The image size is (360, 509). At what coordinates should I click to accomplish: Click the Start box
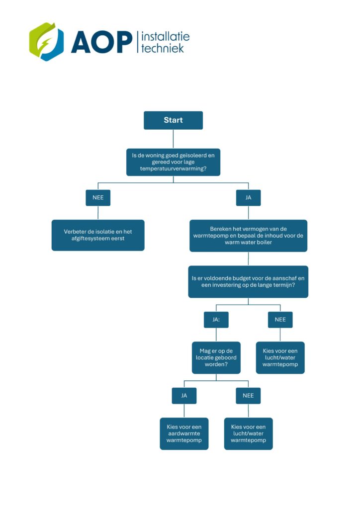coord(173,120)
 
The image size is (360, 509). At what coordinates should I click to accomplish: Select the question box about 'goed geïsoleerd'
coord(173,162)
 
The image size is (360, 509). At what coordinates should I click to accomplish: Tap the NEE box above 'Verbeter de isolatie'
coord(98,198)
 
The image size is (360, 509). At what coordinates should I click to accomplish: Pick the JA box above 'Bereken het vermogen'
coord(248,198)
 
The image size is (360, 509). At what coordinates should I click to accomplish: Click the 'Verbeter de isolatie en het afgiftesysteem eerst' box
coord(98,235)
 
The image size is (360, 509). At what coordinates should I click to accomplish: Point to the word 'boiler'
coord(264,242)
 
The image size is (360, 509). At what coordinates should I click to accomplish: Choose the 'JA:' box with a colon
coord(216,320)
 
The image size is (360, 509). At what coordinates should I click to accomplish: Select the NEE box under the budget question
coord(280,320)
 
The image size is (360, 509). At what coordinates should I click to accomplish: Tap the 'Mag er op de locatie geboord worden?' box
coord(216,358)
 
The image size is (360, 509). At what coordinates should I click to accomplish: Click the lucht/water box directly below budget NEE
coord(280,358)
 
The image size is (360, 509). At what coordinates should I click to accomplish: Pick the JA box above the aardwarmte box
coord(184,396)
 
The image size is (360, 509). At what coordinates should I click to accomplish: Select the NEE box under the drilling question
coord(248,396)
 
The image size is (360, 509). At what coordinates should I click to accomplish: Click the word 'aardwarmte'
coord(184,433)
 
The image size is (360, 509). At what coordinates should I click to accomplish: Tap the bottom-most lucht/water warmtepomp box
coord(248,433)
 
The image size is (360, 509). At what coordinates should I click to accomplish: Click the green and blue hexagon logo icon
coord(46,42)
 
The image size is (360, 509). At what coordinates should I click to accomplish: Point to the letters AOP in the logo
coord(101,42)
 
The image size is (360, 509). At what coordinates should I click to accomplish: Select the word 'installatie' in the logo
coord(166,37)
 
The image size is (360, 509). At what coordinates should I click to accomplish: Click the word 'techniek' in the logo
coord(163,48)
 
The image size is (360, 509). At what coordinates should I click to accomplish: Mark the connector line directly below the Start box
coord(173,139)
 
